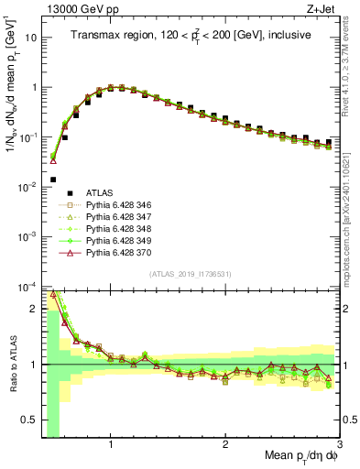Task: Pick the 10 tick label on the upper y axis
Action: (29, 38)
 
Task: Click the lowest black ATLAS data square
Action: (53, 180)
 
